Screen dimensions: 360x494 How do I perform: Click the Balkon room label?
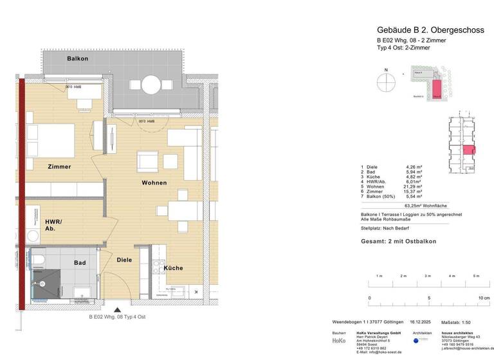77,59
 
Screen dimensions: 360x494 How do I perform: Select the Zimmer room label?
59,167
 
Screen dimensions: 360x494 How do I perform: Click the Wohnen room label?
154,183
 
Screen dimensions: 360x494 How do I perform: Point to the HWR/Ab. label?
53,224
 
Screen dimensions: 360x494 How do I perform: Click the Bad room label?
80,263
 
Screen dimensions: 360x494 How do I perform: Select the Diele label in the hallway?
124,260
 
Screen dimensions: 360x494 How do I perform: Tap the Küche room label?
172,268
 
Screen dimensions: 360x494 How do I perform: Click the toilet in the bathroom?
40,260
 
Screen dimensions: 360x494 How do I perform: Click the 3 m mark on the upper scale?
428,276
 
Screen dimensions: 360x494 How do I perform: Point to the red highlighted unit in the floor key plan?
468,150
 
